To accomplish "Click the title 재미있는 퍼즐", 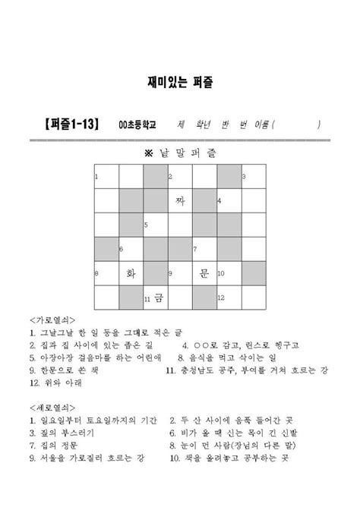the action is [x=179, y=79].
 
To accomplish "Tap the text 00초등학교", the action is [x=137, y=124].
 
